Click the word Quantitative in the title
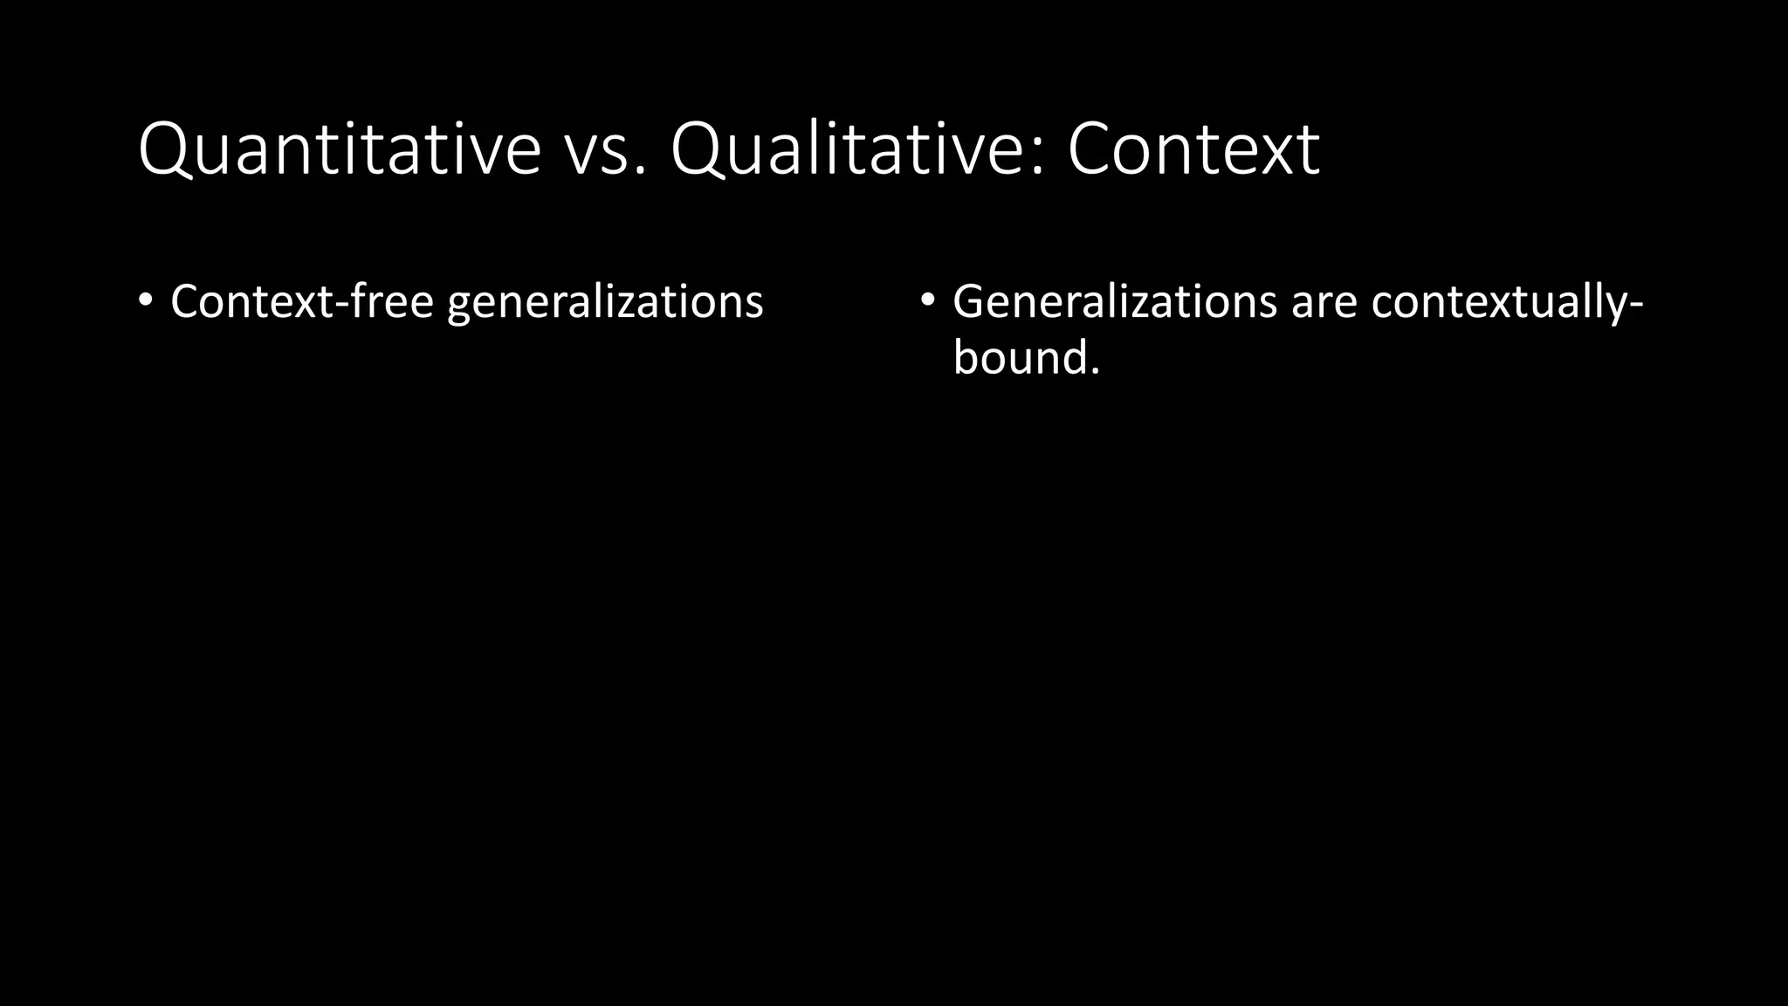tap(340, 149)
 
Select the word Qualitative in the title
tap(851, 149)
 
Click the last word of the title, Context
tap(1193, 149)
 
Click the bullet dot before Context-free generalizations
tap(145, 300)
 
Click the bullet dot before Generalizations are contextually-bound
tap(927, 300)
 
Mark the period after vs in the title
tap(643, 171)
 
